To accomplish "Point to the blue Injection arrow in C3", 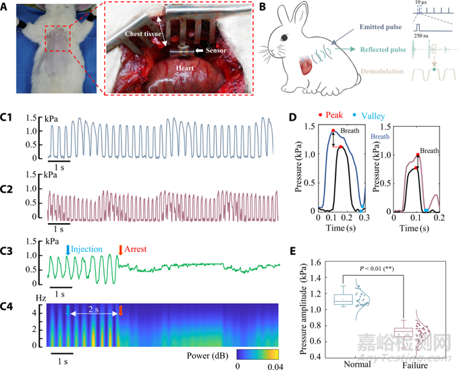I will [x=67, y=250].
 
